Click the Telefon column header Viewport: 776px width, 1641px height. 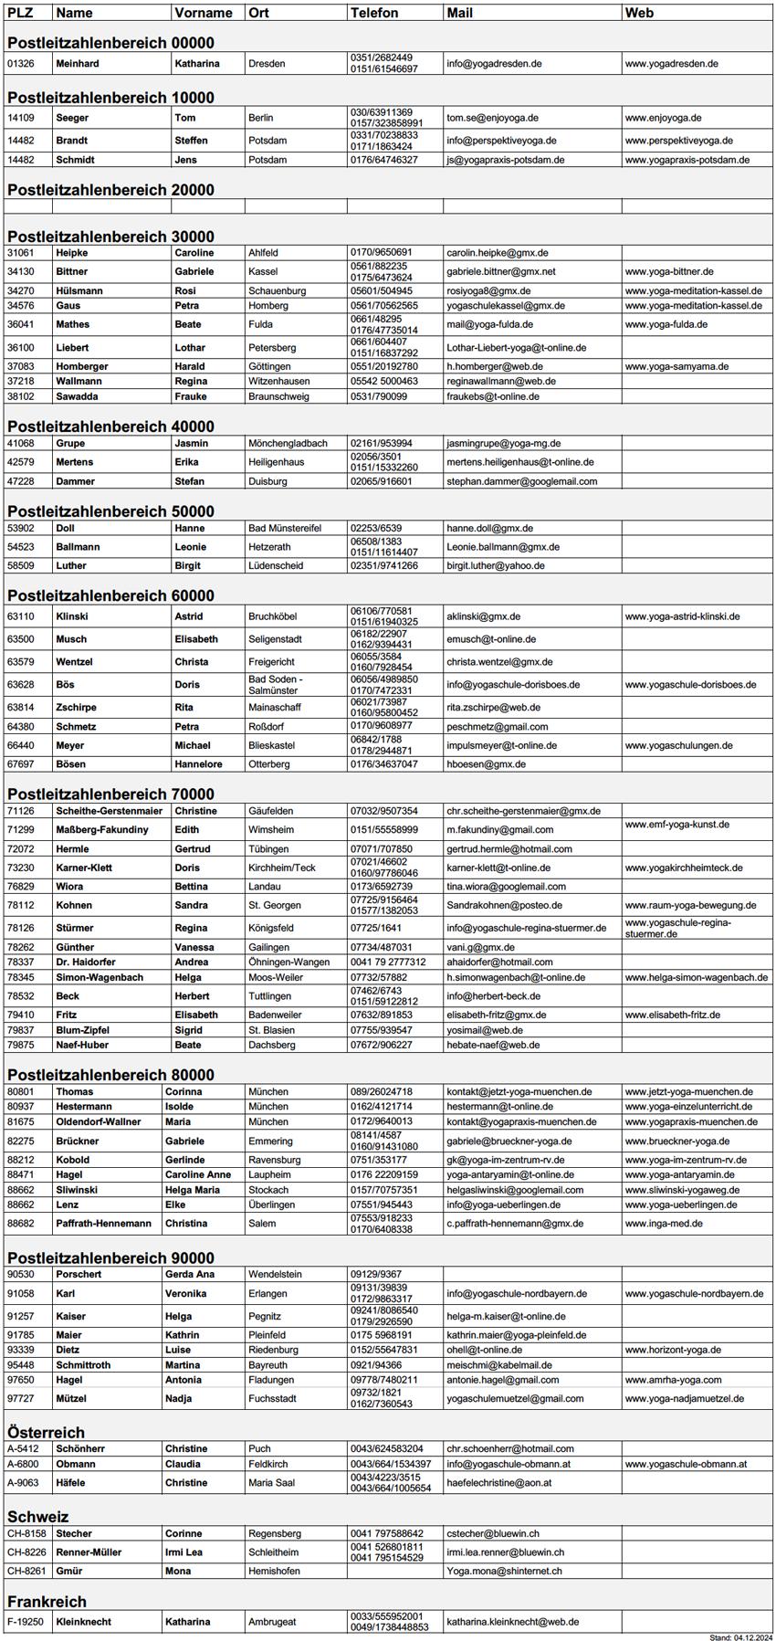(x=374, y=13)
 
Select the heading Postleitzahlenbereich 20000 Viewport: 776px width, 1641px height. (x=110, y=190)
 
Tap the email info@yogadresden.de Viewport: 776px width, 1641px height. (x=494, y=64)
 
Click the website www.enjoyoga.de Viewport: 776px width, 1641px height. (x=663, y=118)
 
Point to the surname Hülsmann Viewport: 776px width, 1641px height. (x=79, y=291)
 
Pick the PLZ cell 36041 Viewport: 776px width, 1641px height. (x=21, y=324)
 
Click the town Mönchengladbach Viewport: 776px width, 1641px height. (x=288, y=443)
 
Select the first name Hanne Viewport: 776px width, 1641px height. (x=190, y=528)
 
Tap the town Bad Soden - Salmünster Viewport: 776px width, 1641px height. (x=276, y=685)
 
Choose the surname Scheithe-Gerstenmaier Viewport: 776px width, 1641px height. (x=110, y=811)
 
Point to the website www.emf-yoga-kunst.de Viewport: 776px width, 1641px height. (x=676, y=825)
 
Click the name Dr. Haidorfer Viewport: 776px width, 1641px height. (x=87, y=963)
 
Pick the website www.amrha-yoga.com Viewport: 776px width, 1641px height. (x=673, y=1380)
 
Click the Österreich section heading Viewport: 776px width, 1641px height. (x=46, y=1432)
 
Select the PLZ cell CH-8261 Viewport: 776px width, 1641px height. (x=26, y=1571)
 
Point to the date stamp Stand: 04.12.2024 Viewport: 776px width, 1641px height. (x=740, y=1636)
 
